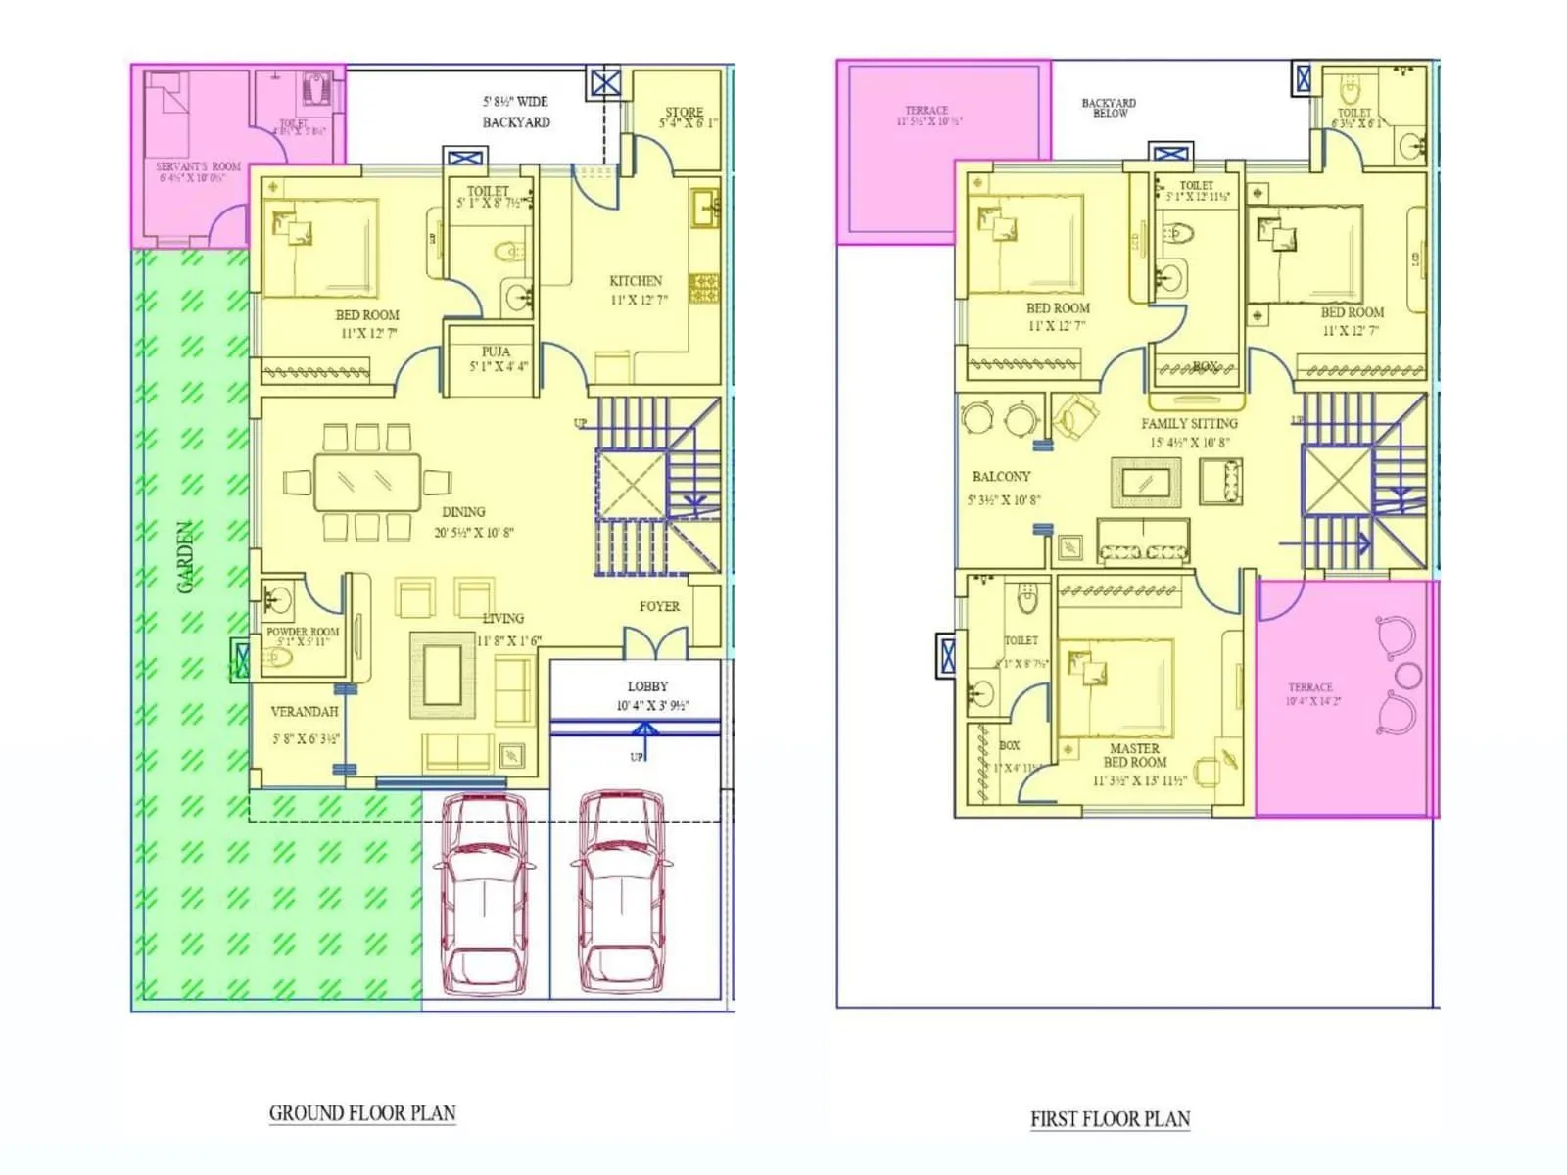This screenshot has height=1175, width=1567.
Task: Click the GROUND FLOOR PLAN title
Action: (x=362, y=1113)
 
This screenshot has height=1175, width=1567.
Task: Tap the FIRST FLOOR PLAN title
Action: (x=1110, y=1119)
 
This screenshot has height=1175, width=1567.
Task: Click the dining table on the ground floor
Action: (x=367, y=482)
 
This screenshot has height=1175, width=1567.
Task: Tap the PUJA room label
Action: (x=496, y=352)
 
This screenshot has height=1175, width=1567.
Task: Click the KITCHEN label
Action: (x=636, y=281)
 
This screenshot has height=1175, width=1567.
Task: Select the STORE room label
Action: (x=684, y=112)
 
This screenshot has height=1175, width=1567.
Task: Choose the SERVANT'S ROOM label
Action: (x=198, y=167)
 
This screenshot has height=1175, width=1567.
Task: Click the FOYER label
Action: (x=659, y=607)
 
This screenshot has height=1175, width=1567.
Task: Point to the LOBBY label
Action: (x=647, y=686)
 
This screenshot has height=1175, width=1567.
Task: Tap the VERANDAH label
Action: (x=305, y=712)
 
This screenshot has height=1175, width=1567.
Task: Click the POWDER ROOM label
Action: (x=303, y=632)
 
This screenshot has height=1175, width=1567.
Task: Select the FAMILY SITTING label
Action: (x=1189, y=424)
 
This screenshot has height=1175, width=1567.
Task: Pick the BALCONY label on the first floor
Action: (x=1001, y=477)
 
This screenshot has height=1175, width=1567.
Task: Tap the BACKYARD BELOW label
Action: (x=1109, y=107)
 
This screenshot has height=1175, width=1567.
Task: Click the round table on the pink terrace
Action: (x=1408, y=675)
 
